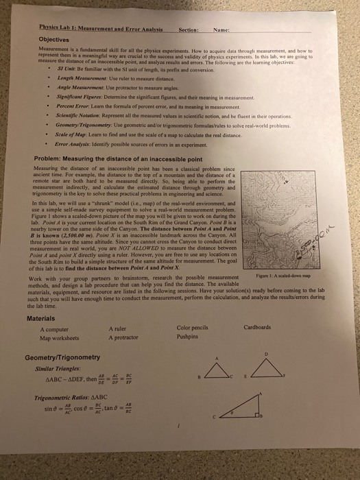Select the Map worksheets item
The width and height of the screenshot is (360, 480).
point(60,335)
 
